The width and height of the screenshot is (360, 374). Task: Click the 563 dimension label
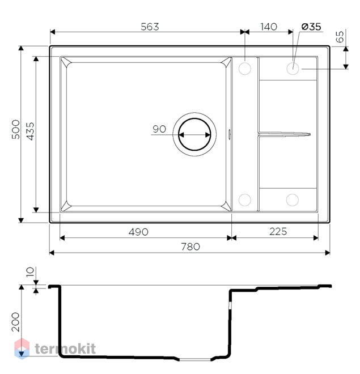pos(150,27)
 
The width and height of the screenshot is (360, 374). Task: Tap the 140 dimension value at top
pos(269,27)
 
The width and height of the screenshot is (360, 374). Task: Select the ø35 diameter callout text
pos(311,27)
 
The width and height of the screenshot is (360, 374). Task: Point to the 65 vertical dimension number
pos(340,36)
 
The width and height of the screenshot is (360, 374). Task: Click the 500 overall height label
pos(16,130)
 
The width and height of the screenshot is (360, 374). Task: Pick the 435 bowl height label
pos(30,131)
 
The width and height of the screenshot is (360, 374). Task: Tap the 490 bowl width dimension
pos(138,232)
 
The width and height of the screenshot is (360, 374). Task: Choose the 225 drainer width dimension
pos(278,231)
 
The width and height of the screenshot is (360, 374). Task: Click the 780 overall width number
pos(190,246)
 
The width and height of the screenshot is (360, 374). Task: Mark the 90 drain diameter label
pos(159,129)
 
